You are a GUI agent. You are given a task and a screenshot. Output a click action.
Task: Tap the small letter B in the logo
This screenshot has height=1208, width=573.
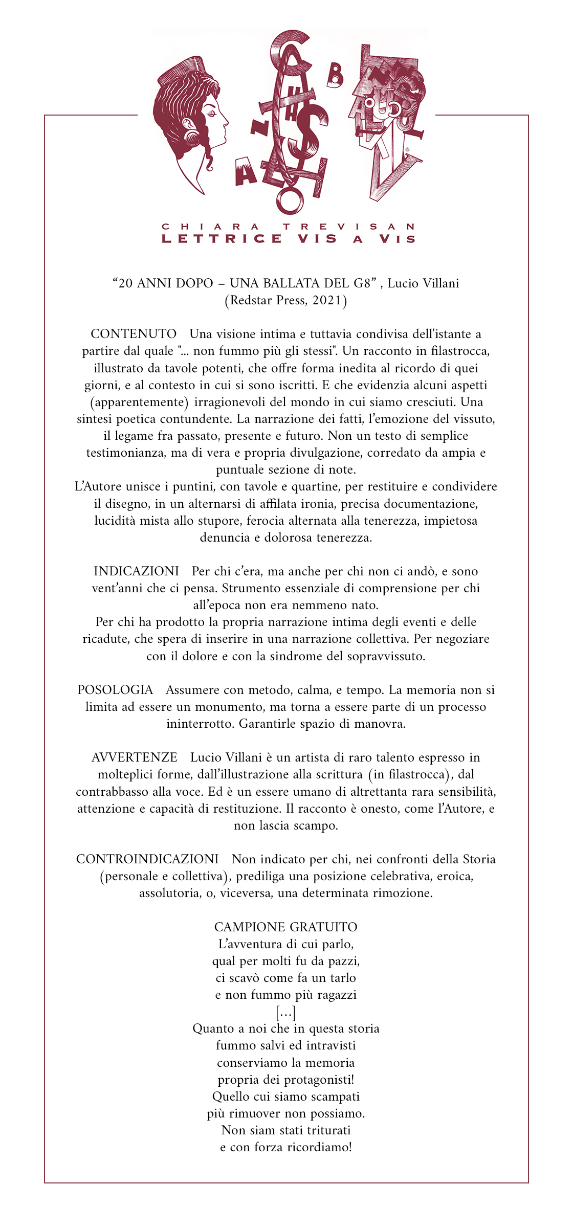[335, 75]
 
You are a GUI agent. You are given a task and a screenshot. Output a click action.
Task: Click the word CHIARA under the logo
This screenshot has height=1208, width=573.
[211, 227]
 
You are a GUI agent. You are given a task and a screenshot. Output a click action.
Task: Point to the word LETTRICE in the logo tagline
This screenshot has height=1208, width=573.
[222, 239]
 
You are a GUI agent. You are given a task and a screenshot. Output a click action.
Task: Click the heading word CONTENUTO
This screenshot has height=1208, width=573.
[134, 334]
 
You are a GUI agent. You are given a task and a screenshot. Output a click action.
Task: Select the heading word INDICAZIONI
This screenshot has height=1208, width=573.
[136, 571]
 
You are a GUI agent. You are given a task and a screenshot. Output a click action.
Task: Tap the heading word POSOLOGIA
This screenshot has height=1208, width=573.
[115, 690]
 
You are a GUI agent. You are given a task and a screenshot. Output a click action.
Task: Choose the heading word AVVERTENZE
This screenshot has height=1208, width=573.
[135, 757]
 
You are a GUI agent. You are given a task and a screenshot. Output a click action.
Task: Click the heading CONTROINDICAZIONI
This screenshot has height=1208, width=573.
[147, 859]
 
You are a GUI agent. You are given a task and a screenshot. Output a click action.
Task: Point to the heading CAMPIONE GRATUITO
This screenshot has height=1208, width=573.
[286, 927]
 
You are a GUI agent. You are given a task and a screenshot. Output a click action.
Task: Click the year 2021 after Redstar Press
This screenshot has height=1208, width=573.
[326, 300]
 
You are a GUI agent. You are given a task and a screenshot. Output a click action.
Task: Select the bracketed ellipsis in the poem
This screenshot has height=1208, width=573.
[286, 1012]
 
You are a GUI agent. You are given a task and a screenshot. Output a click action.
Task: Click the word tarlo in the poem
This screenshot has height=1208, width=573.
[343, 978]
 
